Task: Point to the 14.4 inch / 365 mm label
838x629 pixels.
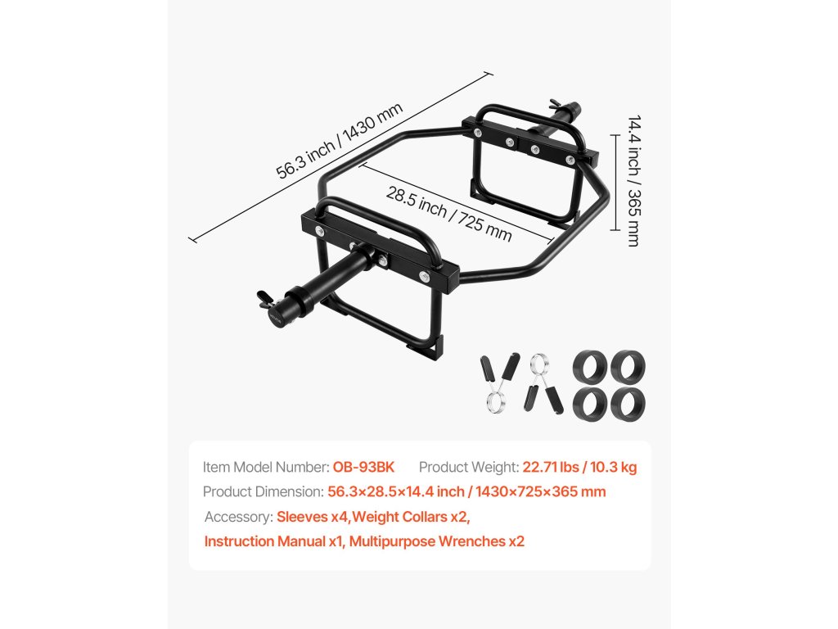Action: tap(633, 180)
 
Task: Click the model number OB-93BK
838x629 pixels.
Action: tap(363, 467)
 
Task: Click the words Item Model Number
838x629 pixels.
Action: tap(266, 467)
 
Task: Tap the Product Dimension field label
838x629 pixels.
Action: tap(264, 491)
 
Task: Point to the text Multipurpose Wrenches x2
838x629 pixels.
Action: tap(436, 541)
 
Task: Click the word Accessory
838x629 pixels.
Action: tap(237, 517)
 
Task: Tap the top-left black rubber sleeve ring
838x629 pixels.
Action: tap(589, 364)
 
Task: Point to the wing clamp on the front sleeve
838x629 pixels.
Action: tap(265, 296)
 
